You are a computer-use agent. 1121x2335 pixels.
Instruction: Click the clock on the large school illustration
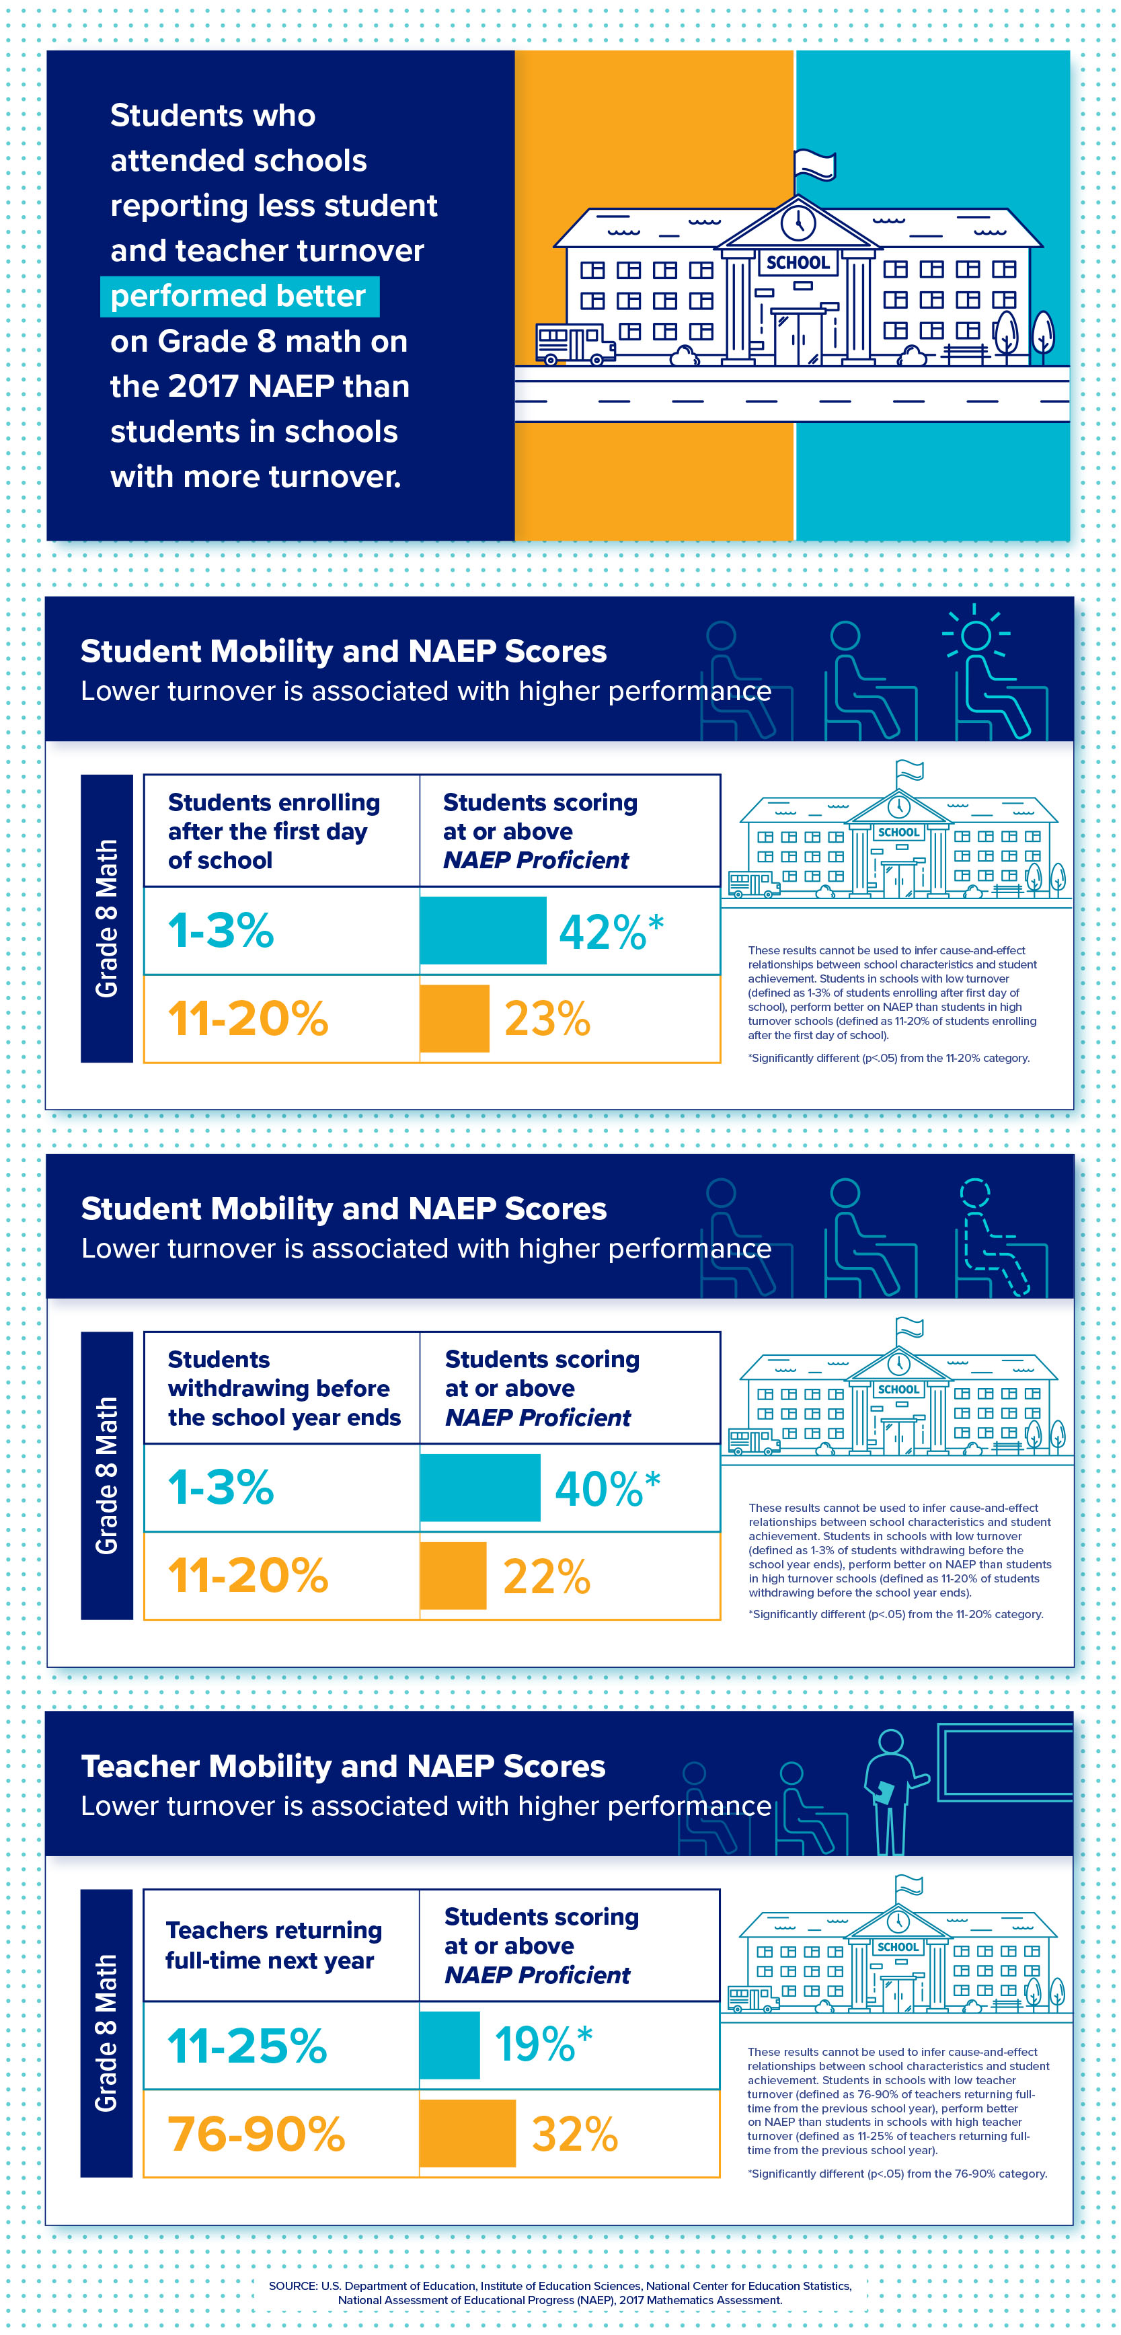[798, 222]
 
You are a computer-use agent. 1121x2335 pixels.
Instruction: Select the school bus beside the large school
[574, 344]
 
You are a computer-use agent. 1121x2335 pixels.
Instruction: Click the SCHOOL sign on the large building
[798, 263]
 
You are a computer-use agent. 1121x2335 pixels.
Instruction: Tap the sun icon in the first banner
[975, 634]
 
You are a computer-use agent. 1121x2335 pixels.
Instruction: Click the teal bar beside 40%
[479, 1488]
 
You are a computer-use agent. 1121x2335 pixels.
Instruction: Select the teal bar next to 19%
[449, 2046]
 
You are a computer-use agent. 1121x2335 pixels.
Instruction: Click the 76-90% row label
[256, 2134]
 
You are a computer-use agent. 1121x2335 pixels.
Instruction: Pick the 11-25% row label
[247, 2046]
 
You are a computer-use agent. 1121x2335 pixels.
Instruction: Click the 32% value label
[574, 2135]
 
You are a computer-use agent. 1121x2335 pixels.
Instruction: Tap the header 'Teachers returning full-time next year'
[273, 1944]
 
